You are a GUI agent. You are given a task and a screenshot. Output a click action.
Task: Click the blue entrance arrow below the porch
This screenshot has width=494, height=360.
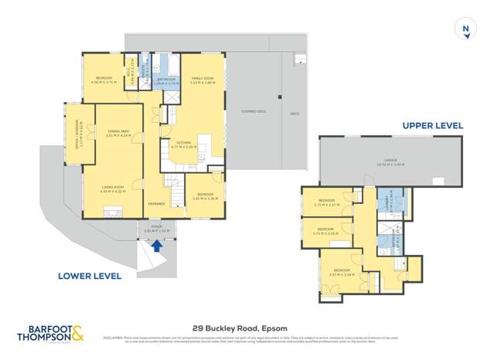coord(158,246)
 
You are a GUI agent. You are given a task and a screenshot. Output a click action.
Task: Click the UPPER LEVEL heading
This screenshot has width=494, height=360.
coord(432,125)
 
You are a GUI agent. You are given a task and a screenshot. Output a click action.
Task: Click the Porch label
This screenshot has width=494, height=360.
coord(157,229)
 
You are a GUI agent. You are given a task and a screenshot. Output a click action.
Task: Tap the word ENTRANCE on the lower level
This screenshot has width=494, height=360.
coord(157,204)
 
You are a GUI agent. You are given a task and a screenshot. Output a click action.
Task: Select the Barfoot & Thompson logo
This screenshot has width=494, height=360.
coord(52,332)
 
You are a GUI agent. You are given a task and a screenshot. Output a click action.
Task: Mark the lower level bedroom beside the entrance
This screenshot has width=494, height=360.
coord(205,195)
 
